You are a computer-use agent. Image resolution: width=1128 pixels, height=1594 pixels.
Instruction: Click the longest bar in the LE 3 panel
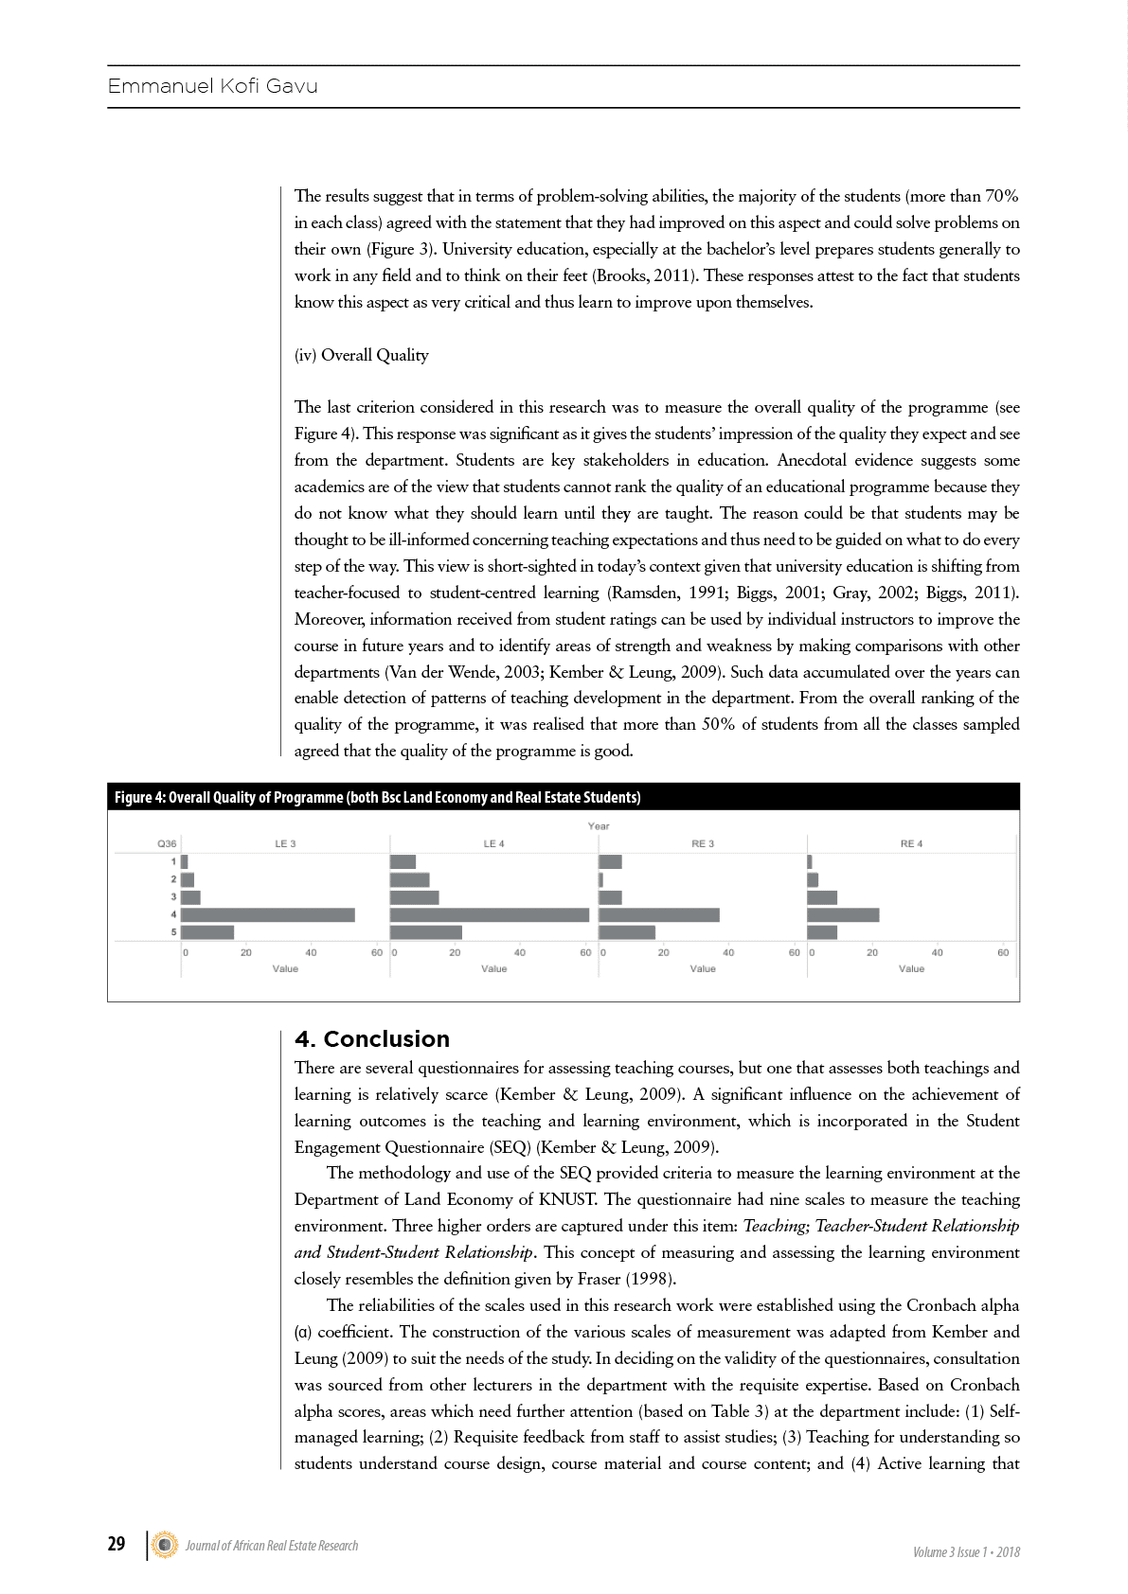[268, 914]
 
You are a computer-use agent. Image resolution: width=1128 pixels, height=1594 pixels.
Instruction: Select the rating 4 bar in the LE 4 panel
[489, 914]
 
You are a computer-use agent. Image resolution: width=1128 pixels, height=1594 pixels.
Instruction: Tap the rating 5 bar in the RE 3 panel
[627, 932]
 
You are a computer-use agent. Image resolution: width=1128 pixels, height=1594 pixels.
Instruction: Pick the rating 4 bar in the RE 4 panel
[843, 914]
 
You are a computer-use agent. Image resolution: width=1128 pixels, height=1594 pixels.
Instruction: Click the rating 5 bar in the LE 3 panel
[207, 932]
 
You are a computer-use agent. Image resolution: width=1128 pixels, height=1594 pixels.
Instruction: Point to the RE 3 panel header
[703, 843]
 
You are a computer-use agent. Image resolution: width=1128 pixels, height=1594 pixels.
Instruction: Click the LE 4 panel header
[494, 843]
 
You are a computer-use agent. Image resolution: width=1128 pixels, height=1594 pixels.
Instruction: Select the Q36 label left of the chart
[167, 843]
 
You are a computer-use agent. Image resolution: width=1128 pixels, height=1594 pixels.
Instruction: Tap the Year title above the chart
[599, 826]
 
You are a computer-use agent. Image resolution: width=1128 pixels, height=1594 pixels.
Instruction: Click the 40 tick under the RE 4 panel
[937, 952]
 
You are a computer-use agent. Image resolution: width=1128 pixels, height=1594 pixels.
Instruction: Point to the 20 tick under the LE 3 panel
[246, 952]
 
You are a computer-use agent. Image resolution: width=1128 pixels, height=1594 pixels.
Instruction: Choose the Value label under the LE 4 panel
[494, 968]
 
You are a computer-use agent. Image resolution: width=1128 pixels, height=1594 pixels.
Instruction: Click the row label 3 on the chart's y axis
[173, 896]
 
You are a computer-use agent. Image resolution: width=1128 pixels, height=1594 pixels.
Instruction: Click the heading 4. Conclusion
[372, 1038]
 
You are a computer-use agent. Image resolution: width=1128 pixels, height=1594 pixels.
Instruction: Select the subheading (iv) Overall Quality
[361, 355]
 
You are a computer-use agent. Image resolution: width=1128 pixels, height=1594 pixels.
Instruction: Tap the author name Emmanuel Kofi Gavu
[213, 86]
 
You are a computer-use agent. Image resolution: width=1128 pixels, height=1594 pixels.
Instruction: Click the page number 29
[116, 1544]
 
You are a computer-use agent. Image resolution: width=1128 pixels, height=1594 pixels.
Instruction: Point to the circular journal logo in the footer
[165, 1545]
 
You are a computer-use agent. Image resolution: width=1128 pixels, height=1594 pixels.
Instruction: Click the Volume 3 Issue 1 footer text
[966, 1551]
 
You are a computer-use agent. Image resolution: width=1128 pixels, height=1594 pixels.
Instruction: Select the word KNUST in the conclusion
[567, 1199]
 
